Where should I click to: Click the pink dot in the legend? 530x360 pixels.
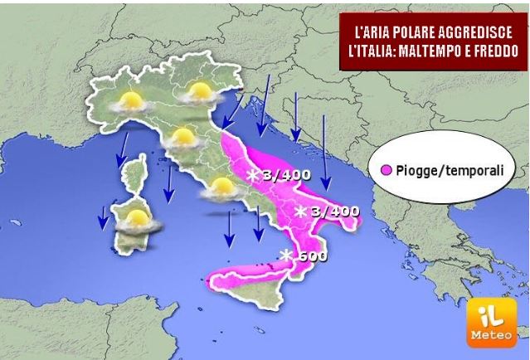pyautogui.click(x=387, y=171)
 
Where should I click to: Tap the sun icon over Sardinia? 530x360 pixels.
pyautogui.click(x=136, y=221)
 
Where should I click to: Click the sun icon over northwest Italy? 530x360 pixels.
pyautogui.click(x=129, y=102)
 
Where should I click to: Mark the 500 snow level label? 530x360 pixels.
pyautogui.click(x=309, y=255)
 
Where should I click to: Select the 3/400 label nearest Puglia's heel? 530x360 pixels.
pyautogui.click(x=334, y=212)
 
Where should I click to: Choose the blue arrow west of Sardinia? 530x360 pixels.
pyautogui.click(x=103, y=217)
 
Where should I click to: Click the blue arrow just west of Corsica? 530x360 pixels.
pyautogui.click(x=121, y=148)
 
